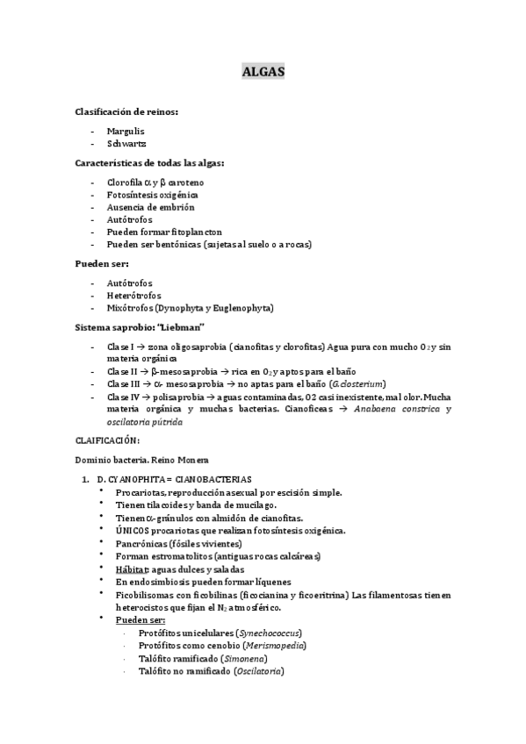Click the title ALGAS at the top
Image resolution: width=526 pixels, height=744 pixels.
[263, 73]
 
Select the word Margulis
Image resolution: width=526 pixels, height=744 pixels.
[126, 131]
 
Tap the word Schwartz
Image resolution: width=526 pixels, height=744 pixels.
[126, 143]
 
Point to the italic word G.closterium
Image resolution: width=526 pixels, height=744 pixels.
[358, 384]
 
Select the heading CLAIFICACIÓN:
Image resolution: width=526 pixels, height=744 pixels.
[107, 440]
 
